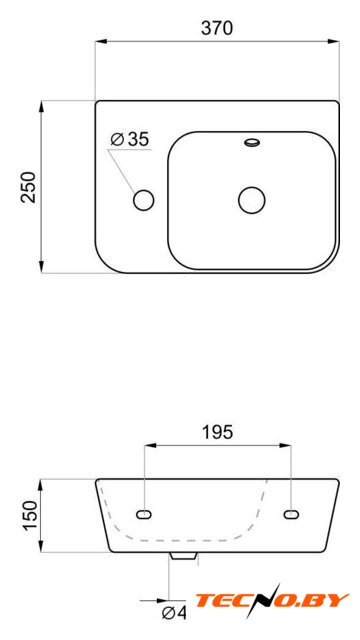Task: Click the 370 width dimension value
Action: (217, 28)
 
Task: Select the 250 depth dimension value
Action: (29, 187)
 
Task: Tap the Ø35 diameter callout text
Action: (130, 140)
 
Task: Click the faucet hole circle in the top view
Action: (144, 200)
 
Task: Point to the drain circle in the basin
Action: (252, 200)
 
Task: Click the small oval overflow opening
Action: (252, 142)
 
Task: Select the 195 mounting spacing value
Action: (217, 432)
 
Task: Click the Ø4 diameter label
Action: (174, 613)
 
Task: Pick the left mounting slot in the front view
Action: (144, 515)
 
